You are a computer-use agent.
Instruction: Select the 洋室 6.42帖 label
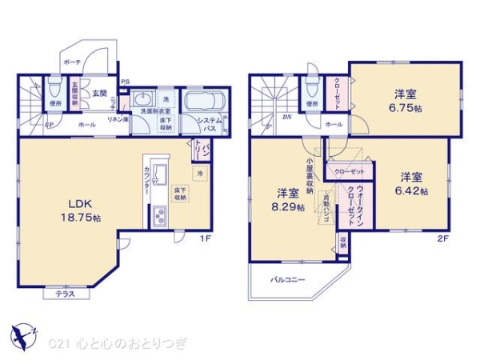click(414, 184)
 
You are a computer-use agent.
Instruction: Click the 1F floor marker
click(205, 238)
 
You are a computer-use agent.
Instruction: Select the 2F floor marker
click(442, 238)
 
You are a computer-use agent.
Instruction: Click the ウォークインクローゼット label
click(356, 205)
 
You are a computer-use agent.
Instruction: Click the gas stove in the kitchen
click(158, 216)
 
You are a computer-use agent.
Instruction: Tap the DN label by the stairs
click(286, 116)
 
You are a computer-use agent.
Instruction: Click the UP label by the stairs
click(50, 125)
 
